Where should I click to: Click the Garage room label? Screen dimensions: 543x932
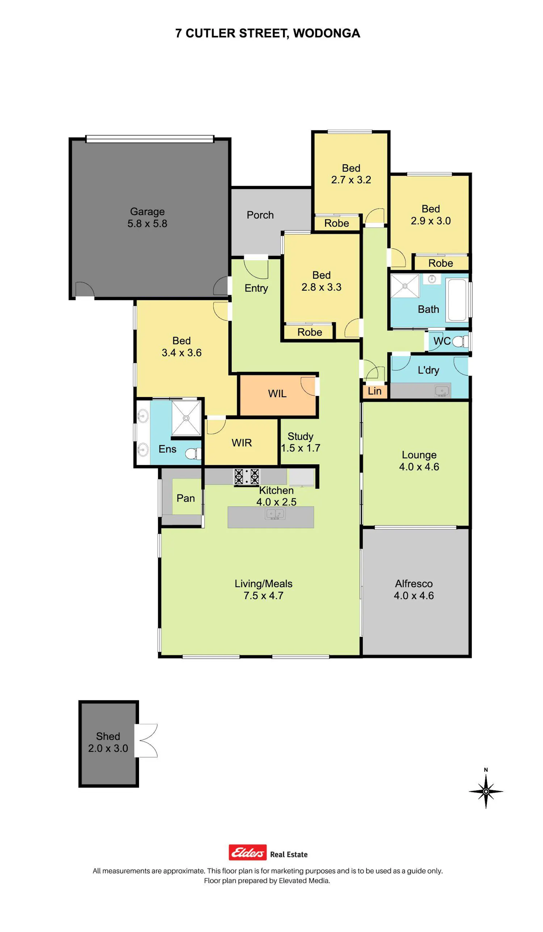pos(147,211)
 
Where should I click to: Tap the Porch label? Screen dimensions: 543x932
pos(260,215)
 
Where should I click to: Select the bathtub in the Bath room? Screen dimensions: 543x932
pos(457,300)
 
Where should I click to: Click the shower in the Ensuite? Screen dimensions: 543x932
pos(186,418)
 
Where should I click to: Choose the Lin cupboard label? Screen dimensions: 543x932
pos(374,391)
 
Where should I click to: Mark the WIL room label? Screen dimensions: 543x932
pos(277,393)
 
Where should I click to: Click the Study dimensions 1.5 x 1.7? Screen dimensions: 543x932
pos(301,448)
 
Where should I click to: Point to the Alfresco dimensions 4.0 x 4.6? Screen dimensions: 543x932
pos(413,595)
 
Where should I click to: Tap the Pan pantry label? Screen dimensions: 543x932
pos(186,498)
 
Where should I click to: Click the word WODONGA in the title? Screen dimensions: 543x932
pos(326,33)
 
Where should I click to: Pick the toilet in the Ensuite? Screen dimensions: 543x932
pos(193,454)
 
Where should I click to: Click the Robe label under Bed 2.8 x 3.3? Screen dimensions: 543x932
pos(310,332)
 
